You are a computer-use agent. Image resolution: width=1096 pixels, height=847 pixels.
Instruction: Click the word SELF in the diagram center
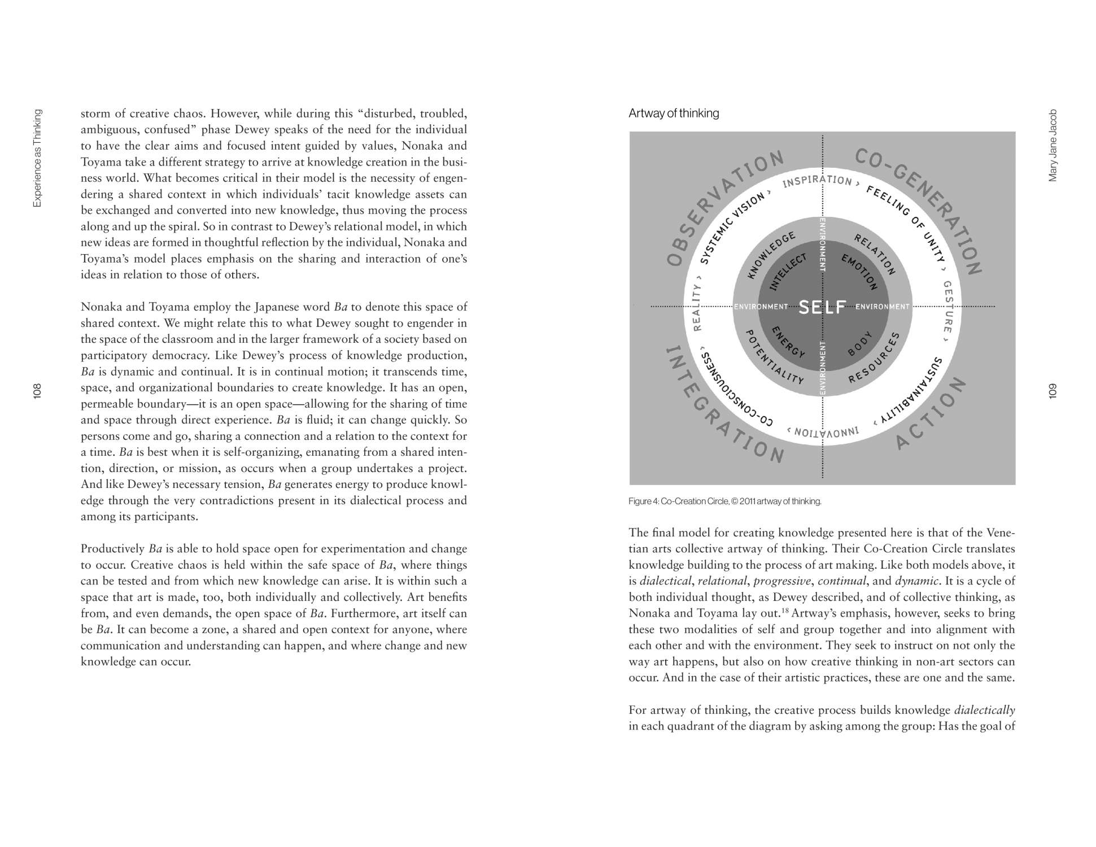point(822,307)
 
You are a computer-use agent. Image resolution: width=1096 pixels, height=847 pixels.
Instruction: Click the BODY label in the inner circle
point(860,343)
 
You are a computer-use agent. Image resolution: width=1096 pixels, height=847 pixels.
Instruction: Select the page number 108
point(37,391)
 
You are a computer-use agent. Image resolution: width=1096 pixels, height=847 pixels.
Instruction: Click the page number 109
point(1052,391)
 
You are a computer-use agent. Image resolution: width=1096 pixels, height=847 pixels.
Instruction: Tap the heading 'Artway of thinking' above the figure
point(674,113)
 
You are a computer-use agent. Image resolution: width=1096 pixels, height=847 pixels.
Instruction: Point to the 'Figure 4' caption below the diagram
point(724,501)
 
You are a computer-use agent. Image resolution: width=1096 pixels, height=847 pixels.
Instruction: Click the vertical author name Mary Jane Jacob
point(1053,145)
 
